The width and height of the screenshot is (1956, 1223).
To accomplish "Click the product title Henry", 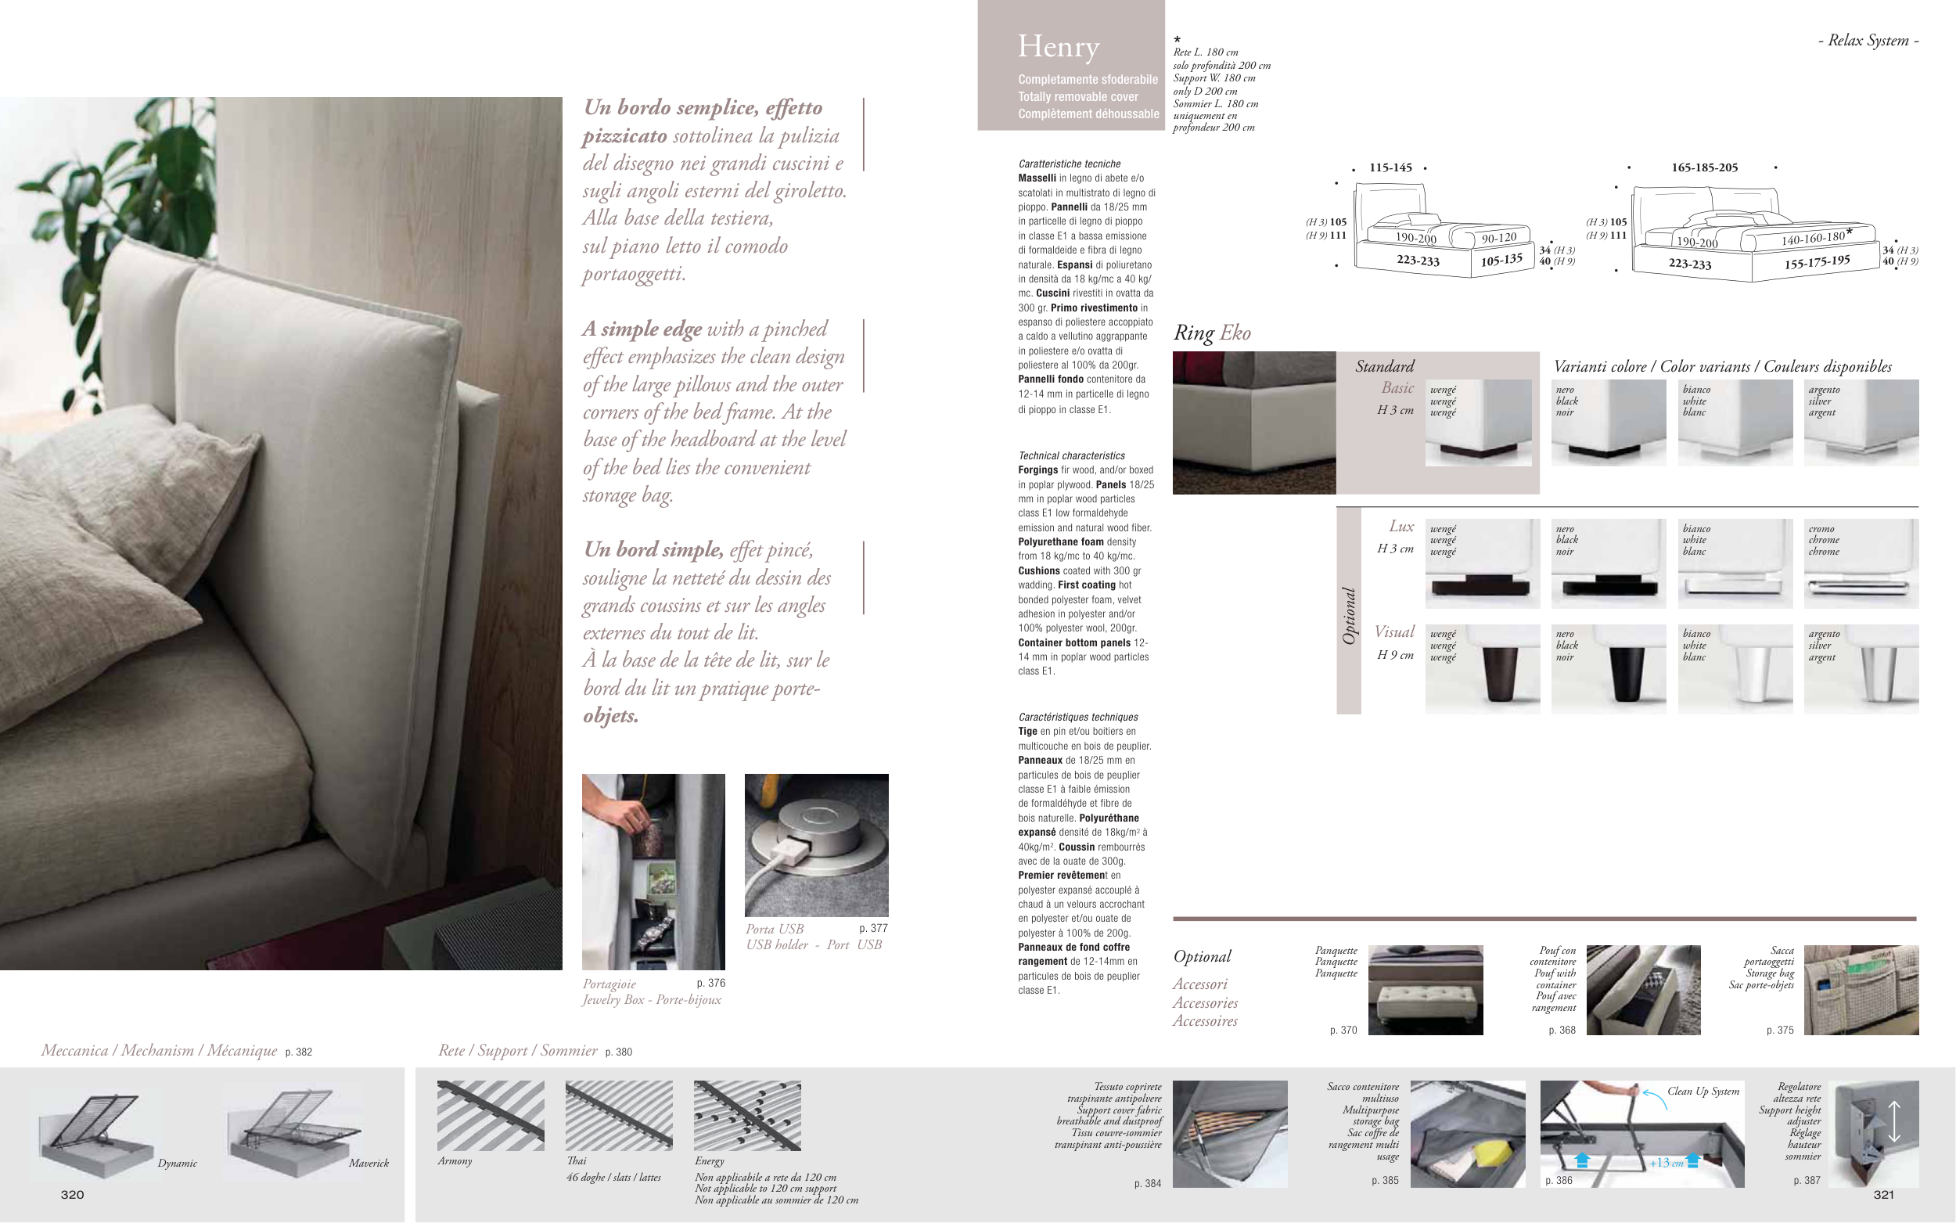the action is (x=1059, y=47).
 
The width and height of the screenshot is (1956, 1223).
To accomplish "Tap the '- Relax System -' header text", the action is (x=1868, y=41).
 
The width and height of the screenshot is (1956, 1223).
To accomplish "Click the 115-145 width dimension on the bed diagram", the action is (x=1390, y=167).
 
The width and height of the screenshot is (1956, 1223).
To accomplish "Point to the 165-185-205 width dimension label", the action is (x=1704, y=167).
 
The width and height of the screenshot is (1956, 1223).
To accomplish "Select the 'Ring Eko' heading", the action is (x=1211, y=333).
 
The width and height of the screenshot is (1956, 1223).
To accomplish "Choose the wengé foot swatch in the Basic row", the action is (x=1478, y=423).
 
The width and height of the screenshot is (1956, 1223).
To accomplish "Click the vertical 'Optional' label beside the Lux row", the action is (x=1348, y=616).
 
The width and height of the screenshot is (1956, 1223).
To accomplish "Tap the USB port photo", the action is (x=816, y=844).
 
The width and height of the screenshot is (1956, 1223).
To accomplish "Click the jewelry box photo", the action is (x=653, y=871).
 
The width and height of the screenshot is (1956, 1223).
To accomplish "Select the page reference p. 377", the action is (x=873, y=928).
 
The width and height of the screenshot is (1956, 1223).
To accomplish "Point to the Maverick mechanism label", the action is (x=369, y=1164).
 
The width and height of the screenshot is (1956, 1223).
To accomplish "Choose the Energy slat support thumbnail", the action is (x=747, y=1116).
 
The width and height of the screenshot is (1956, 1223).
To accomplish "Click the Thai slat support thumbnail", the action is (x=619, y=1116).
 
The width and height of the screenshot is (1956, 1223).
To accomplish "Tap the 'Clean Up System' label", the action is (x=1703, y=1092).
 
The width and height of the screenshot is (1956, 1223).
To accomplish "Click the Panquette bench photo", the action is (x=1426, y=990).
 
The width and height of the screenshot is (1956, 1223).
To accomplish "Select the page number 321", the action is (x=1883, y=1195).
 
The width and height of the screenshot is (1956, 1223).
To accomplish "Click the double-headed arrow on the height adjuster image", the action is (x=1893, y=1121).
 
